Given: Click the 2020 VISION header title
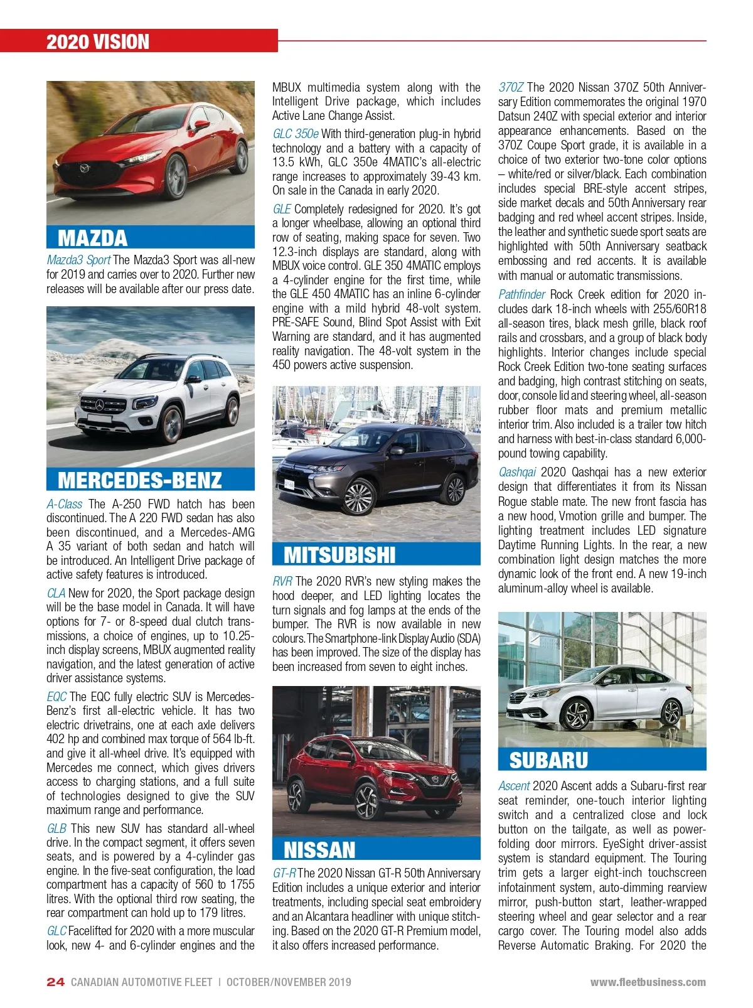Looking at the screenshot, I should [98, 42].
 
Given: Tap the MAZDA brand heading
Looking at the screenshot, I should [92, 238].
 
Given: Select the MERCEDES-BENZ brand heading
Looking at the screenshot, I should [139, 480].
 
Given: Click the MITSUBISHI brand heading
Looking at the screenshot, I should [339, 555].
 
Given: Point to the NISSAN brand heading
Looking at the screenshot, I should [319, 850].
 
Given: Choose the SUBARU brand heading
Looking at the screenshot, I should [548, 760].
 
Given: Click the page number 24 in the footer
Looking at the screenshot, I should [55, 982].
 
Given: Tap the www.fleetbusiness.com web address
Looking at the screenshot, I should [648, 982].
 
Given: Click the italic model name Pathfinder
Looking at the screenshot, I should [521, 294].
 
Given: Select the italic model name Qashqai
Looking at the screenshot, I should [517, 472].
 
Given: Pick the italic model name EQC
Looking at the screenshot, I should [56, 697].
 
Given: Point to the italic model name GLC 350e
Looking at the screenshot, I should [295, 134].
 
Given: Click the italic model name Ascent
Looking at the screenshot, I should [514, 786].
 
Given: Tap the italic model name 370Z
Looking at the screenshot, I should [511, 87].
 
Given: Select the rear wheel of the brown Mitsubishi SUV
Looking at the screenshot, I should [454, 489].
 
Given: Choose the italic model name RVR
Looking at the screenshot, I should [282, 581].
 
